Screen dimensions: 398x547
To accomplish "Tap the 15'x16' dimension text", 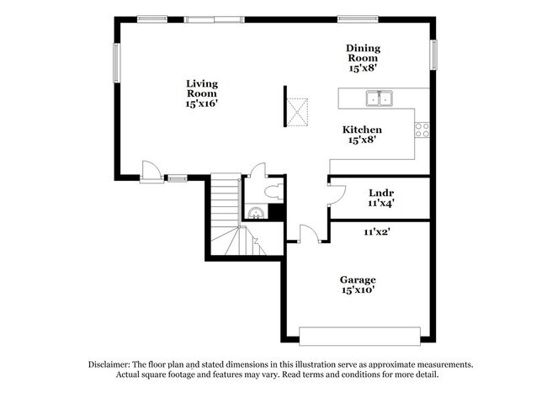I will [x=202, y=103].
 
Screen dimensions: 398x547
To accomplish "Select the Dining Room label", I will [x=363, y=54].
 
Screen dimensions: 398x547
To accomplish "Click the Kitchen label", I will [x=363, y=130].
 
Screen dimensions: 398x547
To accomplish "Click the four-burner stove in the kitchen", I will [x=422, y=130].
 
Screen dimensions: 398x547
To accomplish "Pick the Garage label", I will [x=358, y=279].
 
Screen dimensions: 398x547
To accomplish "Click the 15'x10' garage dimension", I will [x=358, y=290].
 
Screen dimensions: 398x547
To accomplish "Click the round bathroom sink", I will [x=254, y=213].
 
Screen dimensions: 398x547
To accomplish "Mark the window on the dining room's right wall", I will [x=434, y=56].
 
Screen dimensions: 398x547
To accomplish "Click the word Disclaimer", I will [x=114, y=364].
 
